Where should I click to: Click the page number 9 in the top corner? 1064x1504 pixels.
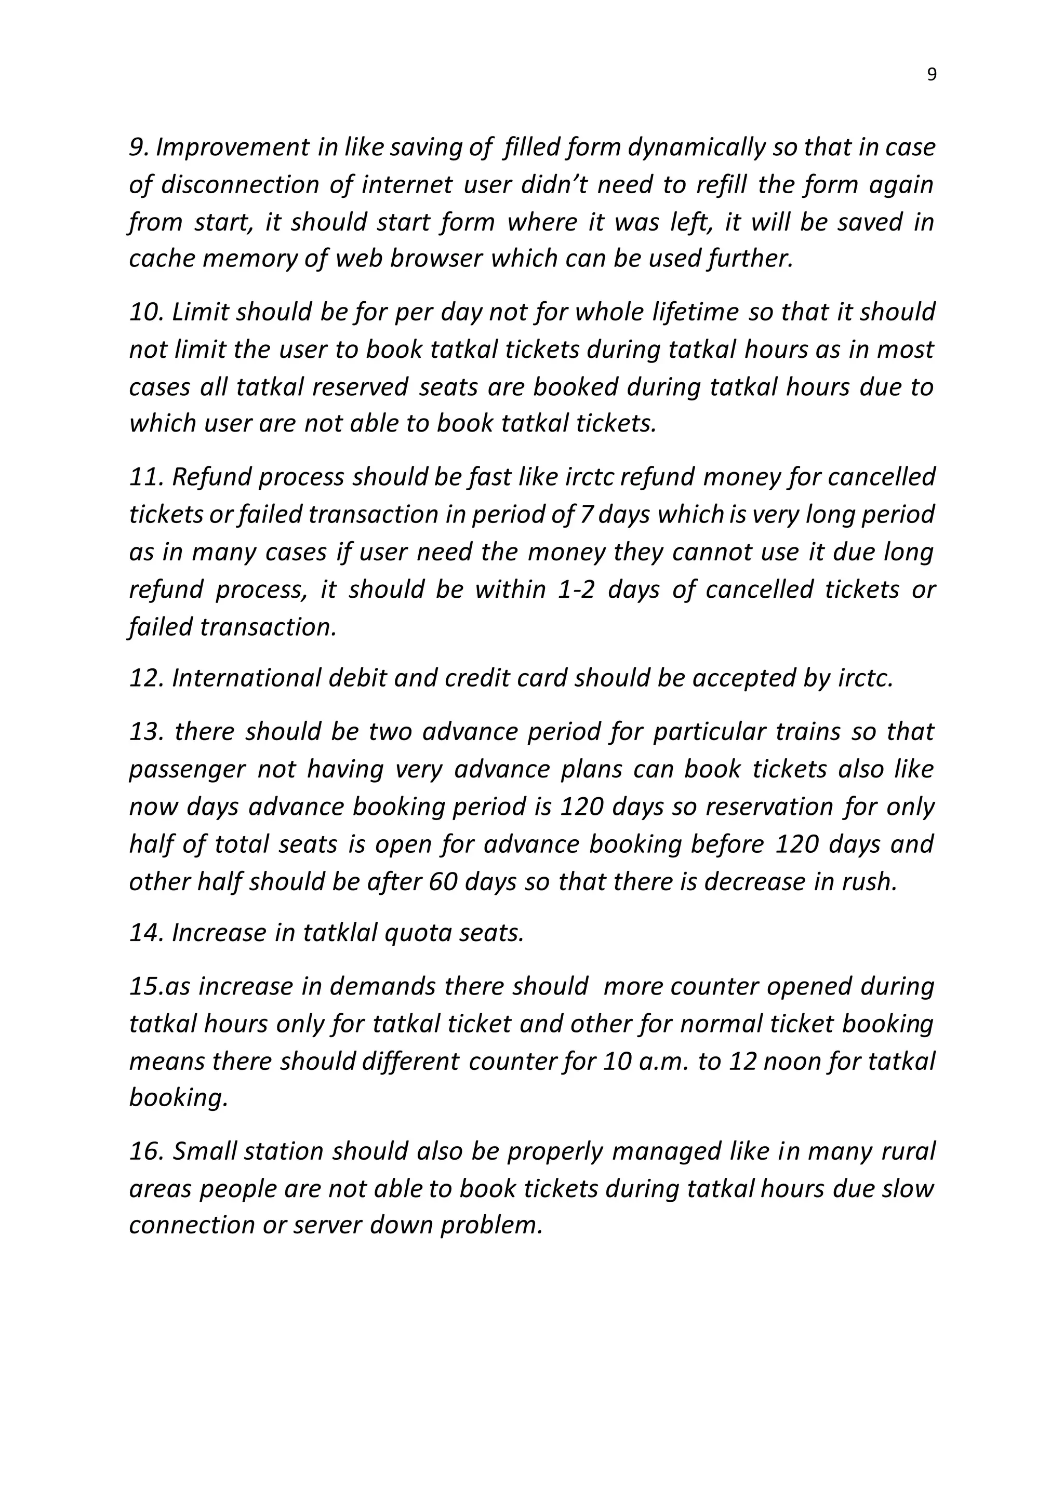point(932,75)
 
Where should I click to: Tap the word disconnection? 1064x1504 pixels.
point(241,185)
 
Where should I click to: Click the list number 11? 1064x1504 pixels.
point(145,478)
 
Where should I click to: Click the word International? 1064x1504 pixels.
point(246,679)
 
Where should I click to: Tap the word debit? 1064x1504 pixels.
point(356,679)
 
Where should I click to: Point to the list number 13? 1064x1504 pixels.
point(145,732)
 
